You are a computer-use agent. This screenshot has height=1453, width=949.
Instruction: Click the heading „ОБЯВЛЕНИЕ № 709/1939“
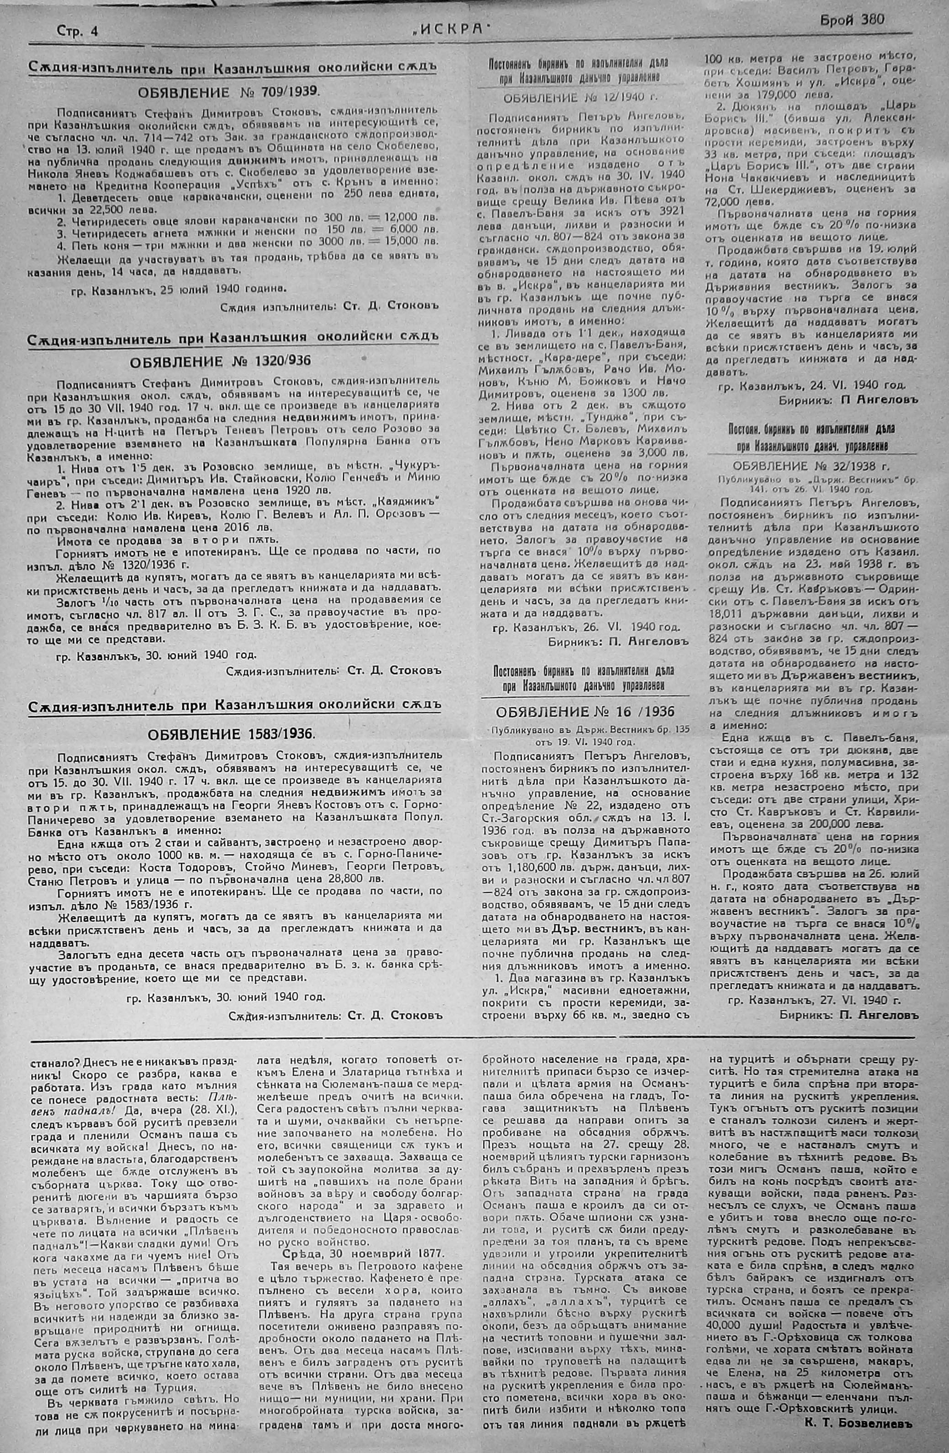pyautogui.click(x=228, y=93)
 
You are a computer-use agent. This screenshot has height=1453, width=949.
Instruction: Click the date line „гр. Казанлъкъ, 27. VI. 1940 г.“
pyautogui.click(x=815, y=1000)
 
